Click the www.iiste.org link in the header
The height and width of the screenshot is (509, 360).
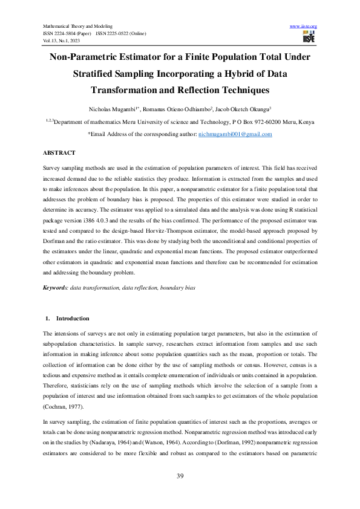(x=304, y=27)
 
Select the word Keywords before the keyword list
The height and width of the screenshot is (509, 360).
(x=56, y=289)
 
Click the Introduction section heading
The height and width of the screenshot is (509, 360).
(x=73, y=318)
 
